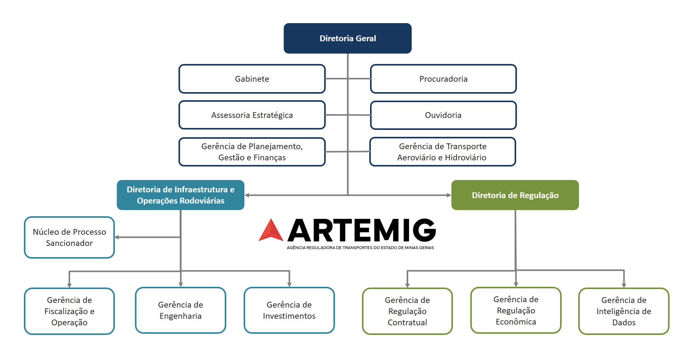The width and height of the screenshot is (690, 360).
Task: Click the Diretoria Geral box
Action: click(347, 38)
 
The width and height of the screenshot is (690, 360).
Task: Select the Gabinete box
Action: click(252, 79)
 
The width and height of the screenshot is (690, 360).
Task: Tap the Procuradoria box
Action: click(443, 79)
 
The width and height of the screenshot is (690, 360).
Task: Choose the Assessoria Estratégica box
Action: click(252, 115)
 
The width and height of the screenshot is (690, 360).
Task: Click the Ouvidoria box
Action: click(443, 115)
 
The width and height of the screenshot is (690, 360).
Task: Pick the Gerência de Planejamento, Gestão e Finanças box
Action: click(252, 152)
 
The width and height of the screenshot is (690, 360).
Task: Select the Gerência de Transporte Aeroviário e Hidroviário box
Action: click(443, 152)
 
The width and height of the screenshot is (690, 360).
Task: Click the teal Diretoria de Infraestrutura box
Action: click(180, 195)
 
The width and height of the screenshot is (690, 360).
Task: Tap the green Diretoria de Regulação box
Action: click(515, 195)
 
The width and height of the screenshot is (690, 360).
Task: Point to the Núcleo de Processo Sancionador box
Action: click(69, 237)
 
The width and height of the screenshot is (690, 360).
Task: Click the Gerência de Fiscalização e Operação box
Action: click(69, 311)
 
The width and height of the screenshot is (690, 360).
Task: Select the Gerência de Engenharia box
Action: click(180, 310)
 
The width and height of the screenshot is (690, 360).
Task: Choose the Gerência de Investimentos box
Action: click(289, 310)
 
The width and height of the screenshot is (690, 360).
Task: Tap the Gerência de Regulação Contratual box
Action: click(407, 311)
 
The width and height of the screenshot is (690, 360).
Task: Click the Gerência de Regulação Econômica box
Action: click(516, 310)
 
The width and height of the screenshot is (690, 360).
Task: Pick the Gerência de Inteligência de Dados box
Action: click(624, 311)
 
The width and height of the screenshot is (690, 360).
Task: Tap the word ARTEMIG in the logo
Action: click(362, 230)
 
